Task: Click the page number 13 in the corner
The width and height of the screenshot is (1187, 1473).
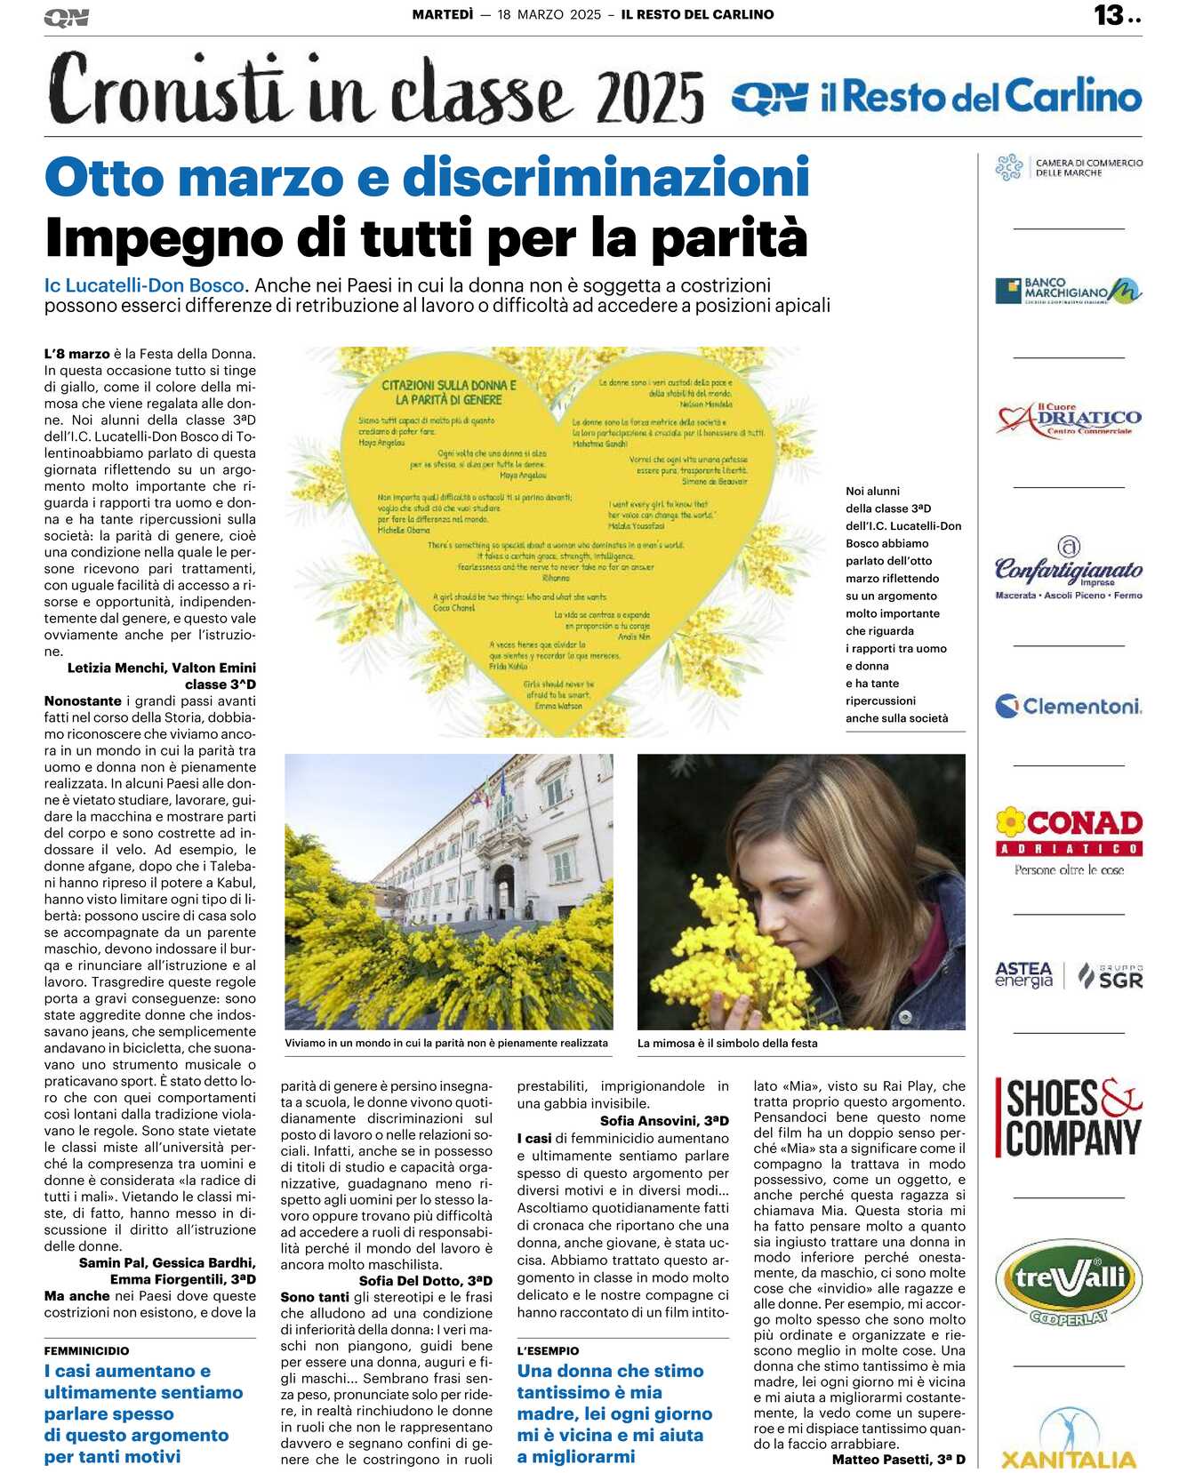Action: coord(1110,15)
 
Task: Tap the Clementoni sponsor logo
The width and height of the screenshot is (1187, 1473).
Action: coord(1069,707)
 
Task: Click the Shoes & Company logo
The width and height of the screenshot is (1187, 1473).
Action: coord(1071,1117)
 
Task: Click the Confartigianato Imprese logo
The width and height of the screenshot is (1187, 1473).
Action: coord(1069,569)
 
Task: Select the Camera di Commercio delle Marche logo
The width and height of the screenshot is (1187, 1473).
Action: coord(1069,167)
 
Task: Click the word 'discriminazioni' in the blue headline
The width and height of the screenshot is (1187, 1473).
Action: coord(606,177)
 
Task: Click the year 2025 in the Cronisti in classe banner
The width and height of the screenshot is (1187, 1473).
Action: coord(651,97)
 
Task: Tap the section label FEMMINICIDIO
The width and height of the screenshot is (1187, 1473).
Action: coord(86,1350)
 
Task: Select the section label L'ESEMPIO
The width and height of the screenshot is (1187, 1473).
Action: coord(548,1350)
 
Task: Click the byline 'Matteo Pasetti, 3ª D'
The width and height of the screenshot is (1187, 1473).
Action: coord(898,1459)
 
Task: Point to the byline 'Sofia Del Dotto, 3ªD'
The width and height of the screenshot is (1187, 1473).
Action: coord(425,1280)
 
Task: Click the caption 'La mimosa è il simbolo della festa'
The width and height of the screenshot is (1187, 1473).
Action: coord(727,1043)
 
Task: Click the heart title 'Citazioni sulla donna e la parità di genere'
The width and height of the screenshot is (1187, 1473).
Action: coord(449,392)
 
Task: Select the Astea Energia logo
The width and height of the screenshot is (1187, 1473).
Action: coord(1023,974)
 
